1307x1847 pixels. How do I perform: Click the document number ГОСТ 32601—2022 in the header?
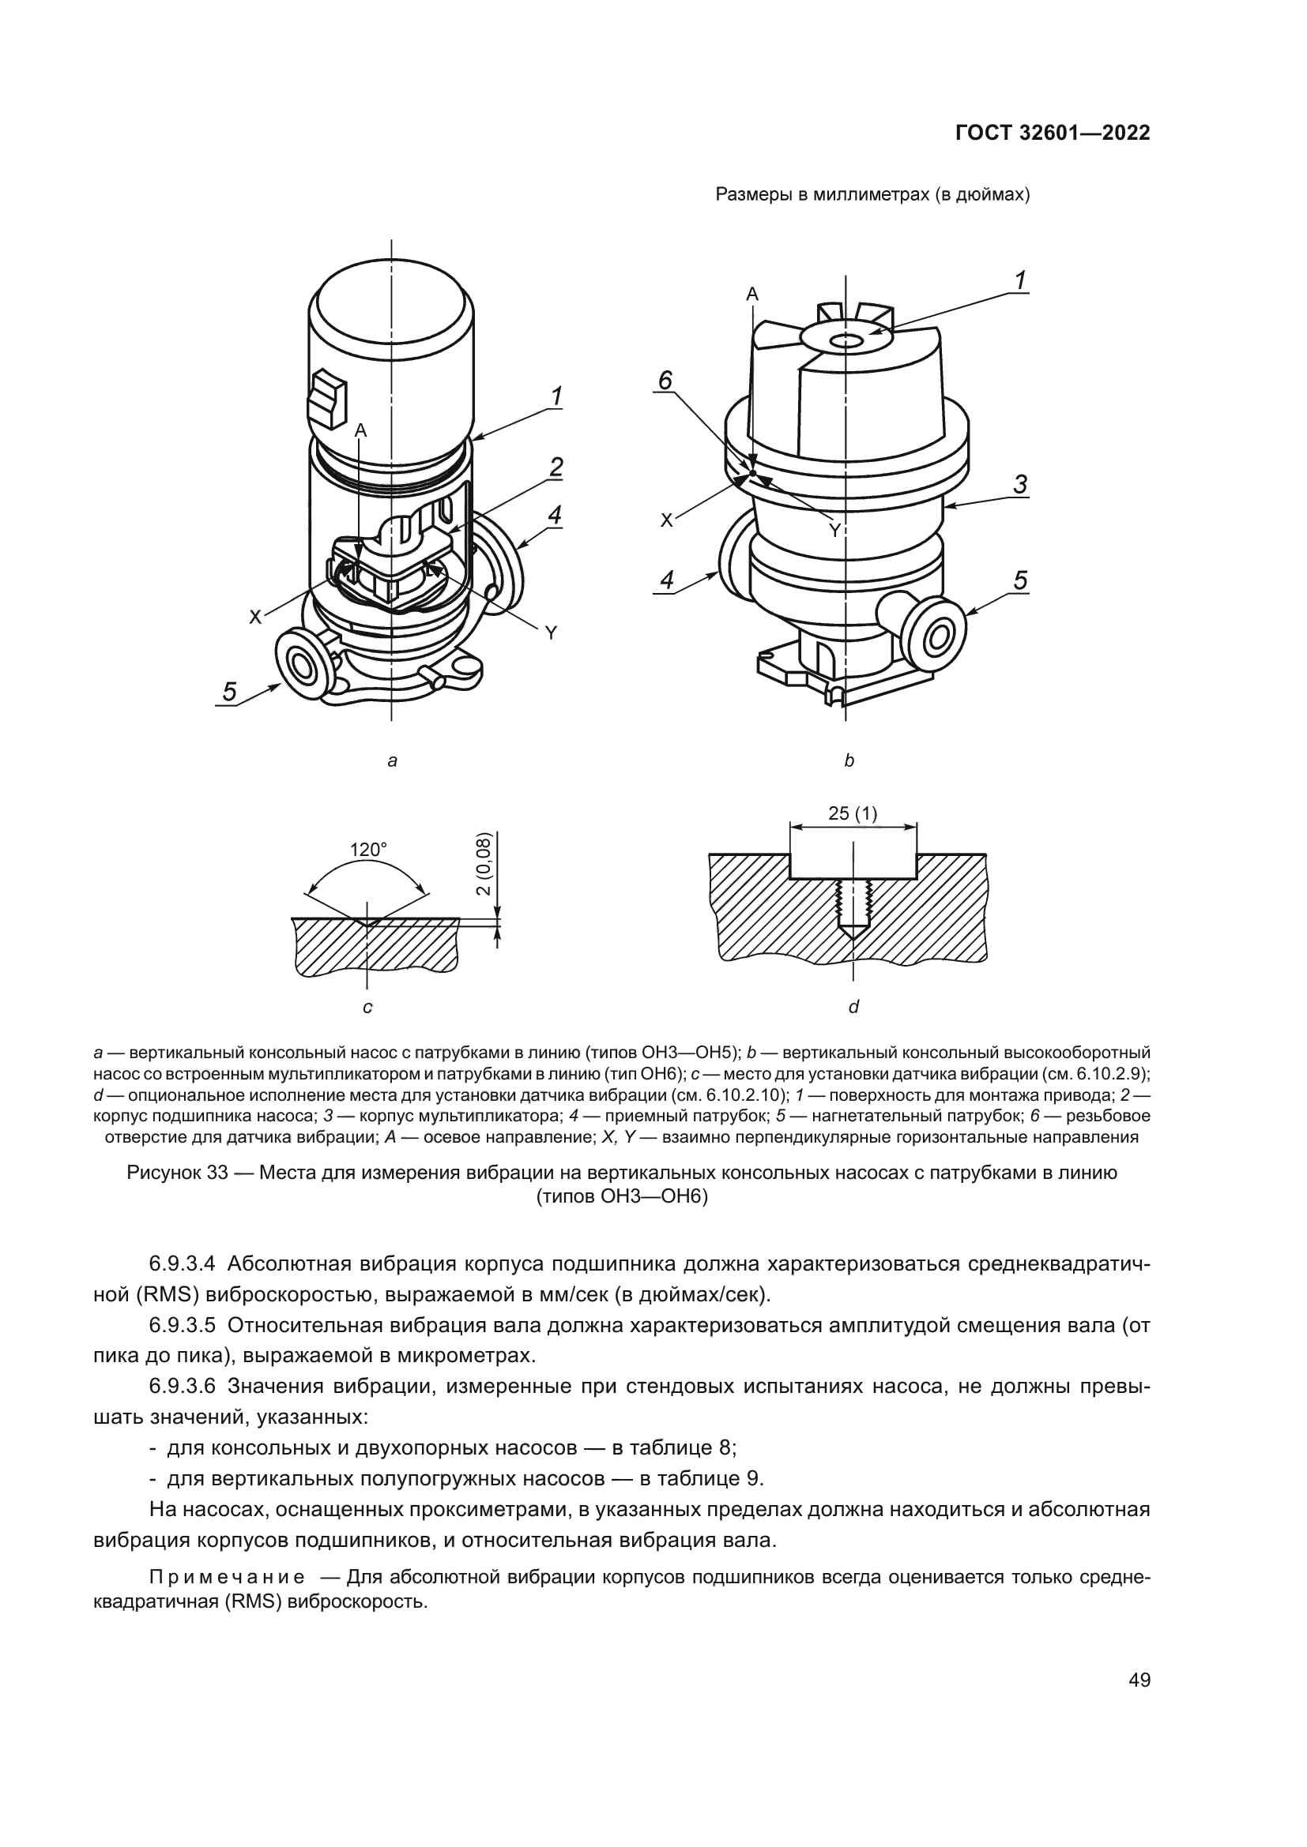[x=1052, y=133]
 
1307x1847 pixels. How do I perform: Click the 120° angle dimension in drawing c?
[x=367, y=850]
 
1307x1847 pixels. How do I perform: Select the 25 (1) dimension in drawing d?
[x=853, y=814]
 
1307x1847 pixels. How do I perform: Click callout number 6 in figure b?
[x=665, y=381]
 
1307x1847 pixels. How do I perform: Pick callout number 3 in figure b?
[x=1020, y=484]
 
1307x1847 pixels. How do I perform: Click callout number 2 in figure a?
[x=556, y=467]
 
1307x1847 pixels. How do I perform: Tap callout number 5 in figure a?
[x=230, y=692]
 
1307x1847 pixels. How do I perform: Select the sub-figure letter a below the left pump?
[x=392, y=760]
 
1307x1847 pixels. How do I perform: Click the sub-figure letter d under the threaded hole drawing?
[x=854, y=1006]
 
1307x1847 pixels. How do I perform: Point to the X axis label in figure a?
[x=255, y=618]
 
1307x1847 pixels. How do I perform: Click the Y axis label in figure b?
[x=834, y=531]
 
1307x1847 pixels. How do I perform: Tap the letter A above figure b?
[x=752, y=295]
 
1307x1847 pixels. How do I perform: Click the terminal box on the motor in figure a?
[x=326, y=397]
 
